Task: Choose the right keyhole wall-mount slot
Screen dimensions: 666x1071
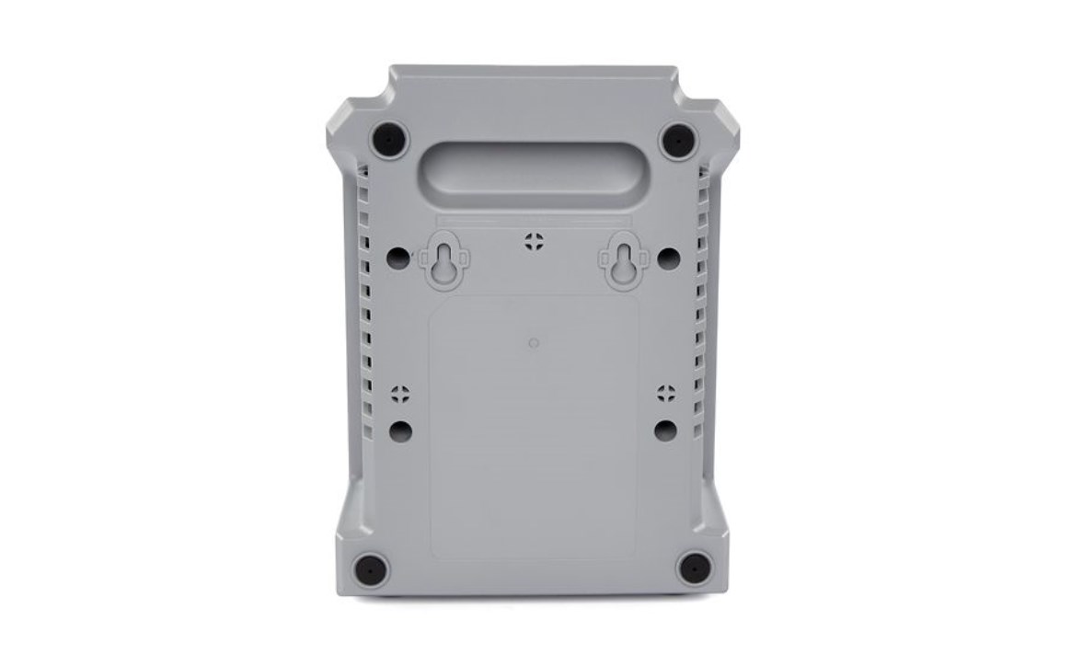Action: pyautogui.click(x=625, y=263)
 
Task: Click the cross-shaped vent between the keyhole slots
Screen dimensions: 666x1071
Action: pyautogui.click(x=534, y=242)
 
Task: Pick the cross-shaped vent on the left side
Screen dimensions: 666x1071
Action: pyautogui.click(x=400, y=395)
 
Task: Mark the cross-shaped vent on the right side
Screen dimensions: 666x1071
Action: pyautogui.click(x=666, y=395)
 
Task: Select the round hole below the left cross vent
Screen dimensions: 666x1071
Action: pyautogui.click(x=400, y=430)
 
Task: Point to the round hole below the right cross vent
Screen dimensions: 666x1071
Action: pyautogui.click(x=665, y=430)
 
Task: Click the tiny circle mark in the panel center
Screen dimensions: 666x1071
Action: pyautogui.click(x=534, y=344)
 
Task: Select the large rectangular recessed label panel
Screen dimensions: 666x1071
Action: pyautogui.click(x=534, y=432)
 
